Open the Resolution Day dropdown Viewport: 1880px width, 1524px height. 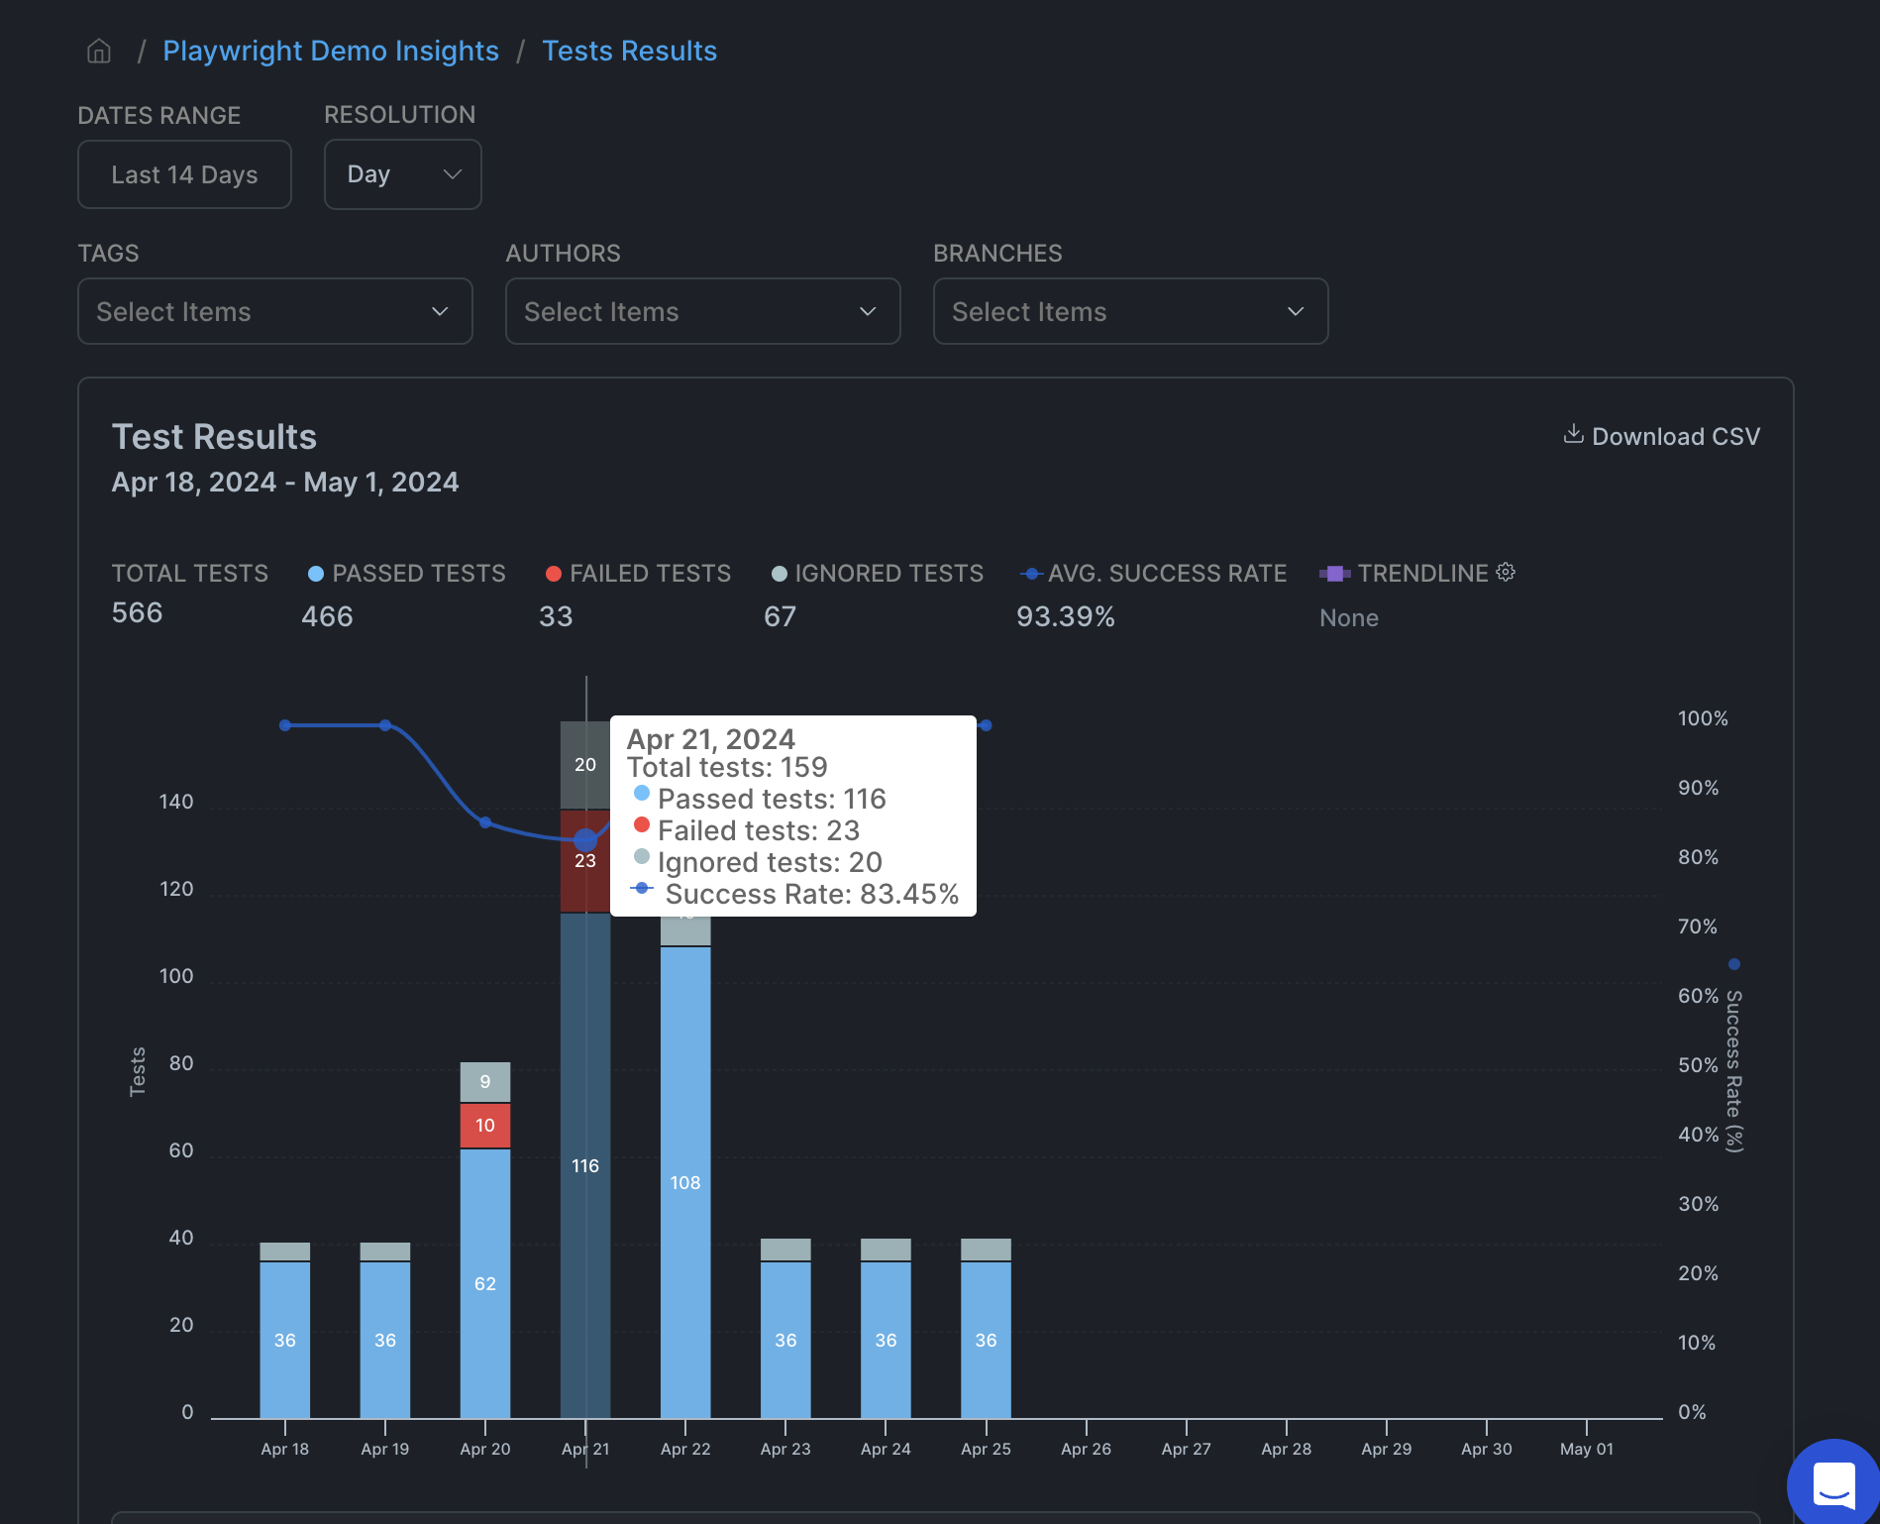click(x=402, y=174)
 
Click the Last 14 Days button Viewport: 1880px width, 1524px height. click(x=184, y=174)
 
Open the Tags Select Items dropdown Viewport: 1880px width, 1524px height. click(x=274, y=311)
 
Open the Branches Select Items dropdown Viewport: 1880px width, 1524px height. click(x=1129, y=311)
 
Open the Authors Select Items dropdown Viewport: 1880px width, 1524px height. click(x=702, y=311)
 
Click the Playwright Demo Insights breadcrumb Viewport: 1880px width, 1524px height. click(x=331, y=51)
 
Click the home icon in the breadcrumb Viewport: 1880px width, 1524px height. click(x=99, y=51)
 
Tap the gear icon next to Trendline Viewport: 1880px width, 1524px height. click(x=1506, y=572)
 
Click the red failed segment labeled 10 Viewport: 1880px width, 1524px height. click(x=485, y=1126)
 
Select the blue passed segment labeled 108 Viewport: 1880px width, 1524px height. click(x=685, y=1181)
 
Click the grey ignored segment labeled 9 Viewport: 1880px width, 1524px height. click(x=485, y=1081)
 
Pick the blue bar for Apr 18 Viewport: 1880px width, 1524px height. click(x=285, y=1339)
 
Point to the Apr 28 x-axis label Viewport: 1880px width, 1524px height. click(x=1286, y=1449)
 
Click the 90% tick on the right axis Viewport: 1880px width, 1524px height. click(x=1698, y=788)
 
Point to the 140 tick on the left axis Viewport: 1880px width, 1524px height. click(x=176, y=802)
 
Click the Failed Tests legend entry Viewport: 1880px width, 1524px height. click(x=638, y=574)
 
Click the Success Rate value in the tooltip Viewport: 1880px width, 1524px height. click(x=811, y=894)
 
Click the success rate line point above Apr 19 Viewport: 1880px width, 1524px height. click(x=385, y=725)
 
